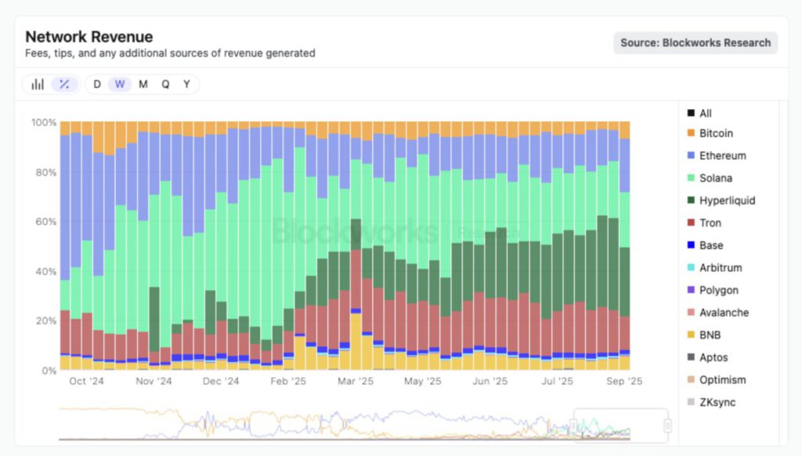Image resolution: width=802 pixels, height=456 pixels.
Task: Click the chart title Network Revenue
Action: (89, 37)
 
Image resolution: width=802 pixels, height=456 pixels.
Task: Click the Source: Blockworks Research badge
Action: (695, 43)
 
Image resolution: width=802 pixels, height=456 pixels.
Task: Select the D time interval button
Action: (97, 84)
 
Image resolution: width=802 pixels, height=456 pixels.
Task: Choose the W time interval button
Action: (120, 84)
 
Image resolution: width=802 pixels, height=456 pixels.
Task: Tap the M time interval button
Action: (143, 84)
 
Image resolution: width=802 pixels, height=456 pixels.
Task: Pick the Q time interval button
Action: (165, 84)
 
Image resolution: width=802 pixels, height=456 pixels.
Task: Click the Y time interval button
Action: (186, 84)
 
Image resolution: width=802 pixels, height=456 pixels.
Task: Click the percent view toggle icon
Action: (64, 84)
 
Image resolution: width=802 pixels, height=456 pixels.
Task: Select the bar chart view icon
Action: (38, 84)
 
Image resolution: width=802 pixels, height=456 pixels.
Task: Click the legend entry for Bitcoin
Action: (716, 133)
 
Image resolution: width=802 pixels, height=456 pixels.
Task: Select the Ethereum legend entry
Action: (722, 156)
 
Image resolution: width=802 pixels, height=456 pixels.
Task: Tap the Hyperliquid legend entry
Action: (727, 201)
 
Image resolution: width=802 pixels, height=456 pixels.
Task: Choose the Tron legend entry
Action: (710, 223)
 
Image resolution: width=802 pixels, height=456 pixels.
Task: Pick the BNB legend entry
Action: (710, 335)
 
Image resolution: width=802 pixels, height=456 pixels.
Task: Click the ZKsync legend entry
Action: (717, 403)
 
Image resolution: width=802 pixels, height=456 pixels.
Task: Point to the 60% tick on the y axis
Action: (44, 222)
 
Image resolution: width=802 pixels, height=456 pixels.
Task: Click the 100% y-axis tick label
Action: (43, 122)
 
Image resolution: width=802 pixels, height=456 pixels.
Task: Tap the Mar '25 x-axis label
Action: (356, 382)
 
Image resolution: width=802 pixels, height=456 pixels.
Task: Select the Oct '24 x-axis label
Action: (87, 382)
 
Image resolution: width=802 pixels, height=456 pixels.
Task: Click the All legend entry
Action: (706, 114)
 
